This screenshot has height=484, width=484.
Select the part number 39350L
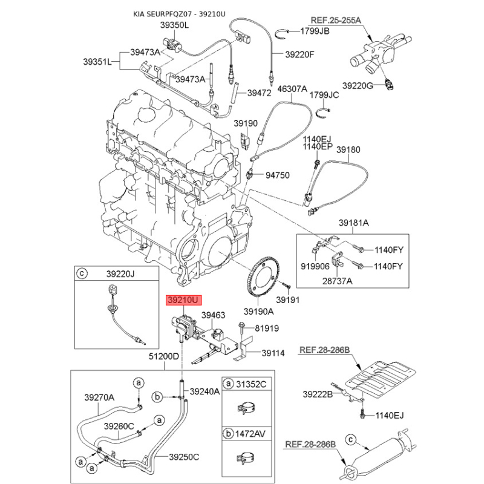(x=174, y=25)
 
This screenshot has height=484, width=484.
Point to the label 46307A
(x=292, y=89)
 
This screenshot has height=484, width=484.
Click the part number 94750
(x=278, y=175)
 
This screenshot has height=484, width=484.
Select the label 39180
(x=348, y=149)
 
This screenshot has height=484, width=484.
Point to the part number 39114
(x=273, y=353)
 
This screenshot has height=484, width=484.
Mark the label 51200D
(x=164, y=356)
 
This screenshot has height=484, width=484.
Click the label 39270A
(x=99, y=397)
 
